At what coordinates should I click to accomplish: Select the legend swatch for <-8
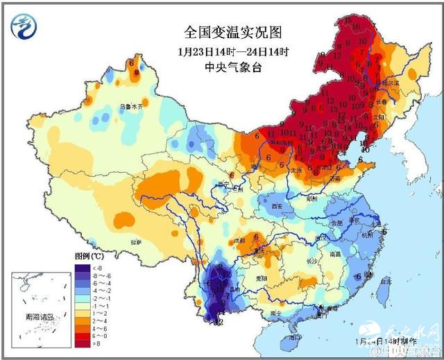(x=81, y=267)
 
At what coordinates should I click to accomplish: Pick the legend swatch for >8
(x=81, y=343)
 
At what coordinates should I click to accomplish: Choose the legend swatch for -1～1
(x=81, y=305)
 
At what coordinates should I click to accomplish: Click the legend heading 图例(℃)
(x=89, y=257)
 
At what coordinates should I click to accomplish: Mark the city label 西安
(x=279, y=207)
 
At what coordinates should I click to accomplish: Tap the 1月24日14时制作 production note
(x=381, y=342)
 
